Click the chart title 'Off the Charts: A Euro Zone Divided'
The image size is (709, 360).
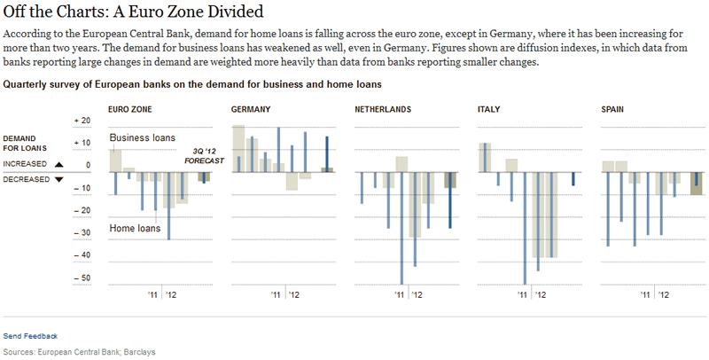[x=132, y=13]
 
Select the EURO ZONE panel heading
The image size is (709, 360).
[x=129, y=110]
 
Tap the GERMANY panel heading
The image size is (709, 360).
[x=251, y=110]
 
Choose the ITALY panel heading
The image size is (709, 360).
[x=489, y=110]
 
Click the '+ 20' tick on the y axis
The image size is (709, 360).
[x=82, y=120]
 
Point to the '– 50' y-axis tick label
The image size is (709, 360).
[x=82, y=278]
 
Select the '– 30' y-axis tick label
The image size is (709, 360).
[x=82, y=233]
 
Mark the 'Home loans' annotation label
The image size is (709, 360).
[x=135, y=229]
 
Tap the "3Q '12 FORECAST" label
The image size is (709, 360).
[x=205, y=156]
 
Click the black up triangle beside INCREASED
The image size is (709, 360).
[x=58, y=164]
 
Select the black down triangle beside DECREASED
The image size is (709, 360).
[x=58, y=178]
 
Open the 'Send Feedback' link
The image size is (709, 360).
[x=30, y=336]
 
